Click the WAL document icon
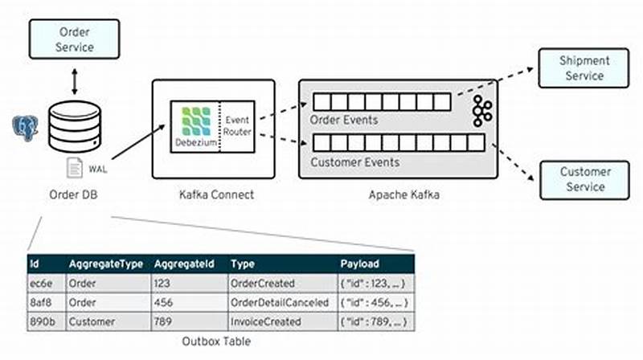74,168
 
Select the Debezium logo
195,125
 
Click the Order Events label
345,120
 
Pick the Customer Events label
354,162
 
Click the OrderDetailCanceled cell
279,302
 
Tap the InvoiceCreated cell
267,321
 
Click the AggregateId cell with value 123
163,283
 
